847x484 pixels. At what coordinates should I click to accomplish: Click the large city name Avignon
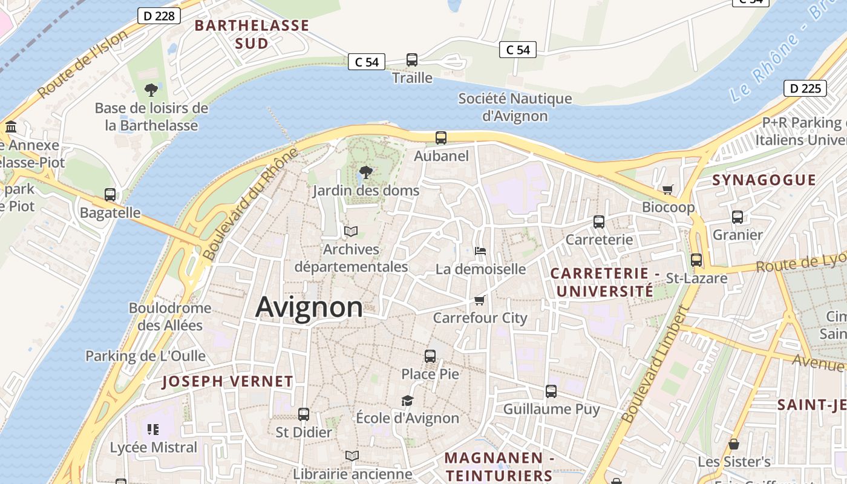[309, 307]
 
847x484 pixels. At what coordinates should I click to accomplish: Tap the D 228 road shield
[159, 16]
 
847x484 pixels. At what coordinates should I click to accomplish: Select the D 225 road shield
[805, 88]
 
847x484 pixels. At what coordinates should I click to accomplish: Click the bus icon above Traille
[412, 60]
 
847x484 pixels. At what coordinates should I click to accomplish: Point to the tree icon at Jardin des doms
[365, 172]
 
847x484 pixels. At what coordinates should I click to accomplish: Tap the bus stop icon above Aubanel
[441, 138]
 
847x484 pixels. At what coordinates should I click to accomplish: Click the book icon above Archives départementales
[351, 231]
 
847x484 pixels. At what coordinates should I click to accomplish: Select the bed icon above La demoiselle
[480, 250]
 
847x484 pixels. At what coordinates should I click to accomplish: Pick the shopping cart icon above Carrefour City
[480, 300]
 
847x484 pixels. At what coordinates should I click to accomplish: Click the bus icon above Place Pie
[430, 356]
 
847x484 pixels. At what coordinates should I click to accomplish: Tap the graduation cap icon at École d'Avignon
[407, 401]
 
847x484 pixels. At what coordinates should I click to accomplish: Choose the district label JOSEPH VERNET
[227, 382]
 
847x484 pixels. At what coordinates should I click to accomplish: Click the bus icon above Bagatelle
[110, 195]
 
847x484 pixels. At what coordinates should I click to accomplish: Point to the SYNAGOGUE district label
[764, 180]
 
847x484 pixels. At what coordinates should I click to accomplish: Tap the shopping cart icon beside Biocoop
[668, 190]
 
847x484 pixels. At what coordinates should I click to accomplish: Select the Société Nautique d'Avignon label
[515, 107]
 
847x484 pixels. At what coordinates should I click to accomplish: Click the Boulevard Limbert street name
[656, 364]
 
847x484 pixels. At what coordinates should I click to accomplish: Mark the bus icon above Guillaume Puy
[551, 391]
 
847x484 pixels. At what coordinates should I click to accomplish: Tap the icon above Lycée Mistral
[153, 430]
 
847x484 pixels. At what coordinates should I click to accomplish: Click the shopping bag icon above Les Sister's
[734, 445]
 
